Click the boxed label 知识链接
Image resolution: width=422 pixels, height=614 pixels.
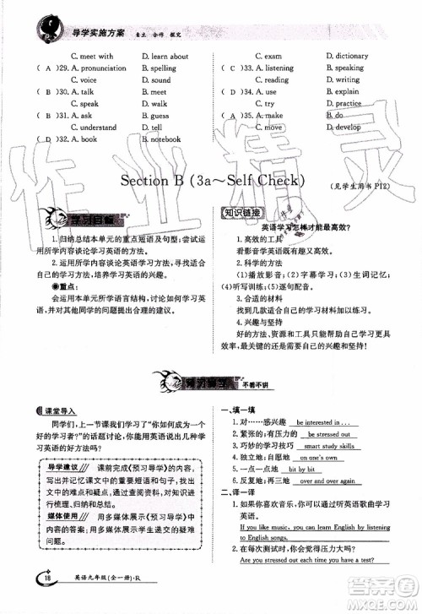[240, 214]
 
